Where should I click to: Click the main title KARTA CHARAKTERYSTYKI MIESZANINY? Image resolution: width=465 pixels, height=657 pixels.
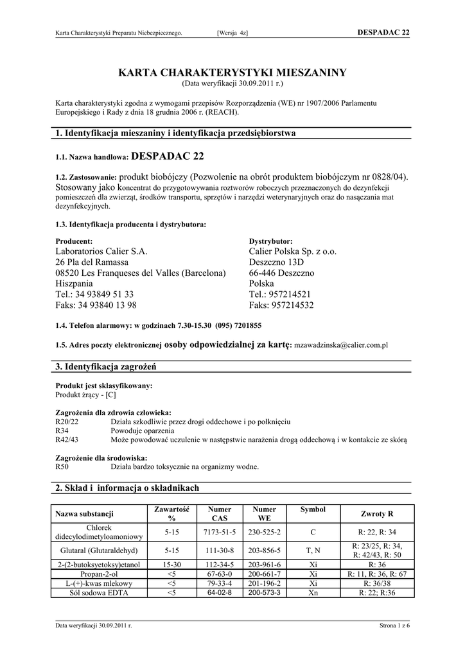(x=232, y=73)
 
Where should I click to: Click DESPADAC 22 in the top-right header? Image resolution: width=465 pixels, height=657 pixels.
(x=383, y=33)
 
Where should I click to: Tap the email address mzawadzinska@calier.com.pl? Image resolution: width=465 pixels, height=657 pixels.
(x=340, y=345)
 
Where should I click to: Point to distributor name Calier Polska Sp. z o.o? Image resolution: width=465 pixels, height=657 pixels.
(x=292, y=252)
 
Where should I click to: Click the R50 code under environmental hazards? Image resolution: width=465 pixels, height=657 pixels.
(x=62, y=466)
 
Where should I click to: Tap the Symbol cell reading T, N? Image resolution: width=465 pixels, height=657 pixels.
(x=313, y=550)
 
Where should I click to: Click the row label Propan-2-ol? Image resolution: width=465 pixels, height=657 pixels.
(x=99, y=574)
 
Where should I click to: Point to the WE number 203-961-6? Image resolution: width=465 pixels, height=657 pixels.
(x=265, y=565)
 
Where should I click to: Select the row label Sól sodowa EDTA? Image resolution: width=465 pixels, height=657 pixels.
(x=99, y=592)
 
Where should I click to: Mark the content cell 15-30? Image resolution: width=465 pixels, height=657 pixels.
(x=171, y=565)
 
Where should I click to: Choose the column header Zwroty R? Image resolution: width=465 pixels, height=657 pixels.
(x=377, y=514)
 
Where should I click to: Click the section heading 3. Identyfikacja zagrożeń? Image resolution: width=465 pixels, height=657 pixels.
(x=107, y=367)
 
